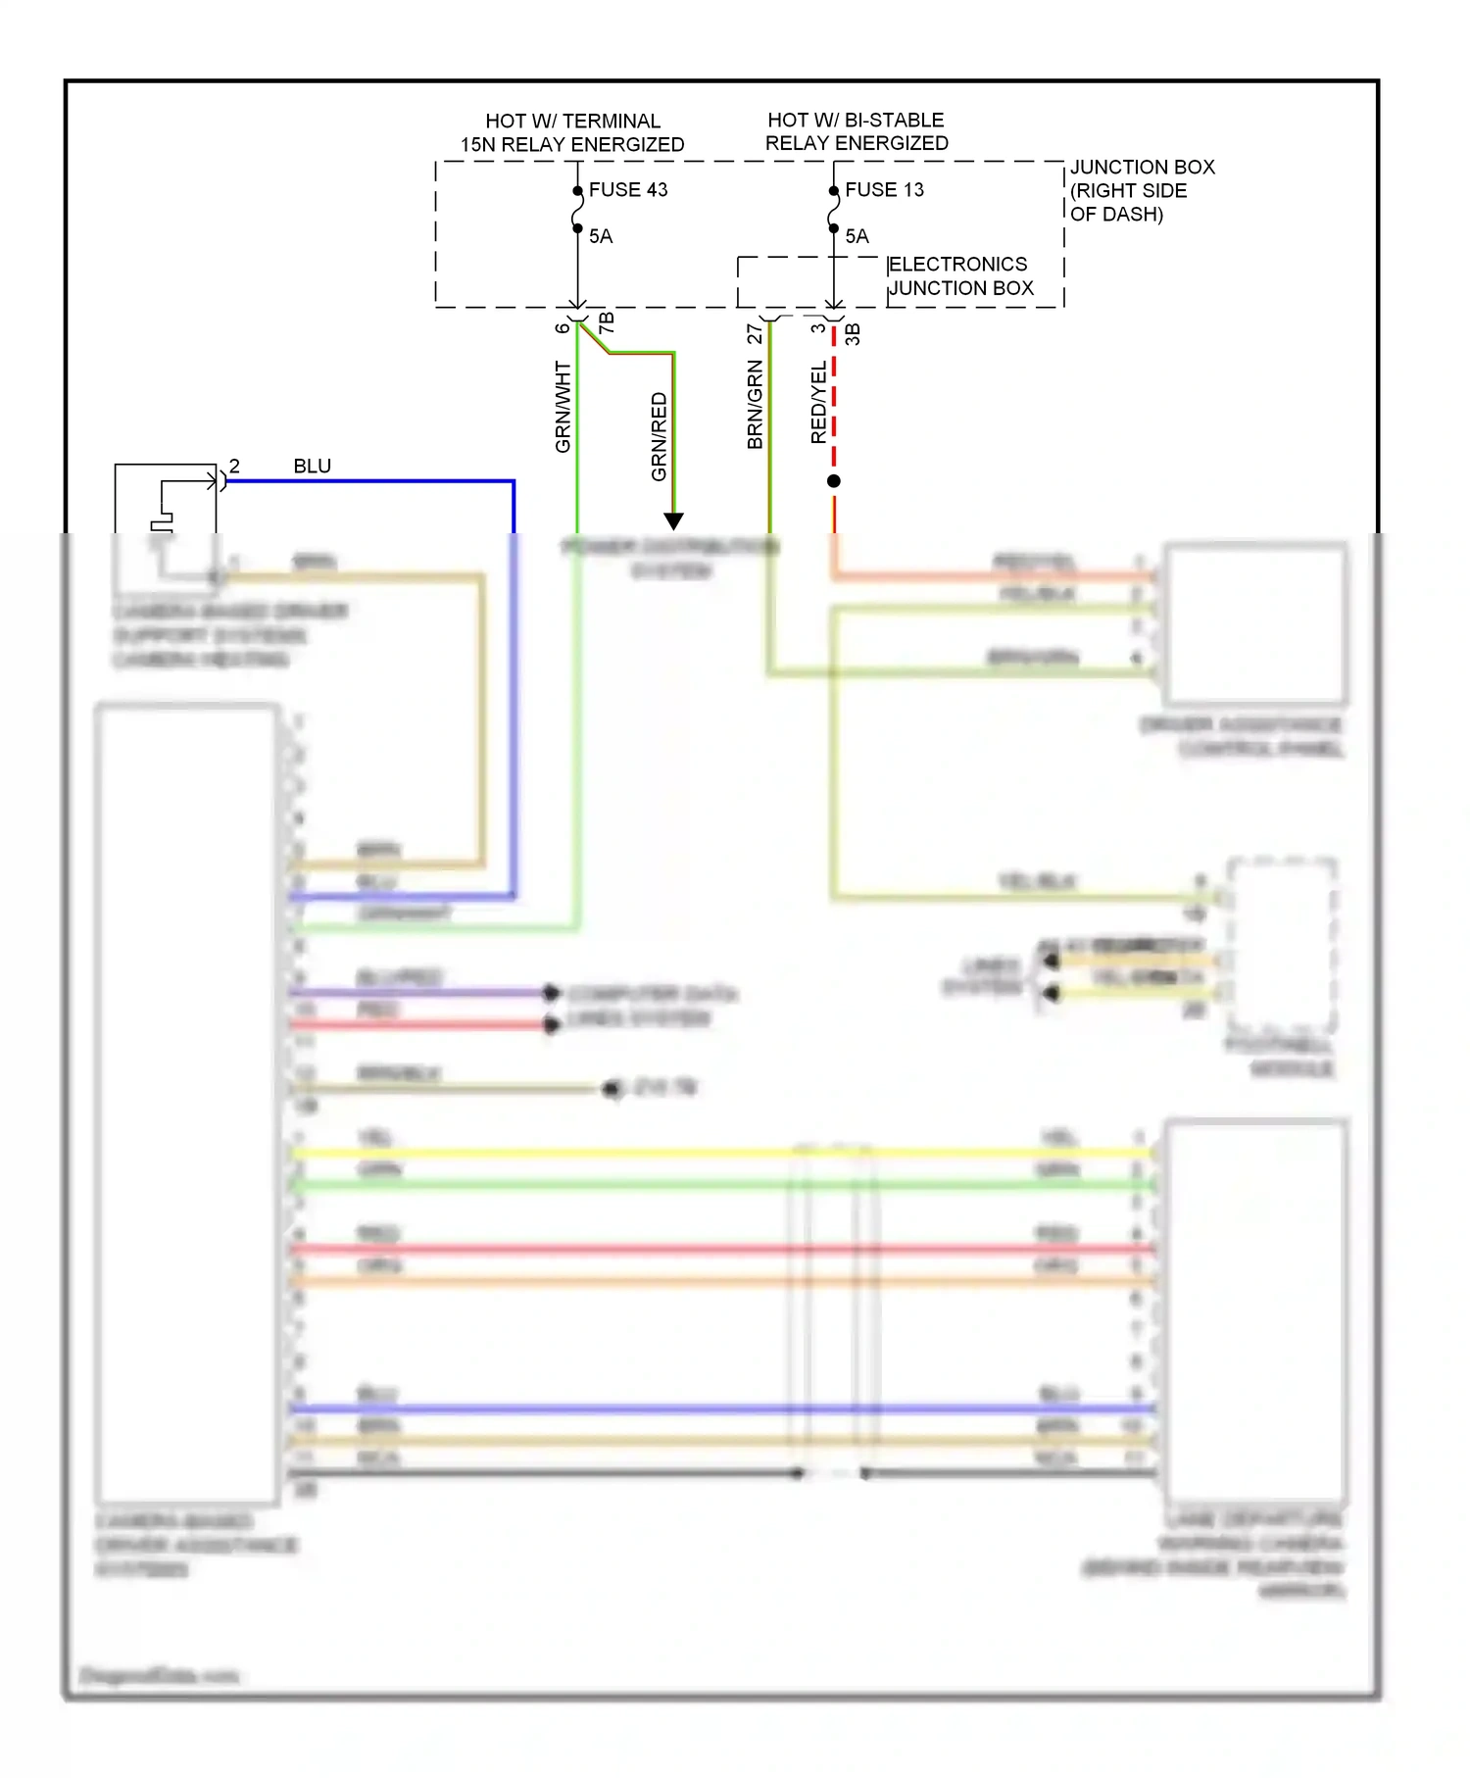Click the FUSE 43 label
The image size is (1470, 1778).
click(x=627, y=189)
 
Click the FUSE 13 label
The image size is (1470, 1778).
click(x=884, y=189)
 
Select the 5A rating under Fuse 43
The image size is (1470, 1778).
click(x=601, y=236)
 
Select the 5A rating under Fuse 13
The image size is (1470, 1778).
click(x=857, y=236)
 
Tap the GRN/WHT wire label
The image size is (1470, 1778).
click(x=563, y=407)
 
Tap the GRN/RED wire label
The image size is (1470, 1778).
click(x=659, y=437)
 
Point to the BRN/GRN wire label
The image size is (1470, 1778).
click(x=755, y=405)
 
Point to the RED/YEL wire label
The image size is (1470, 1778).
click(x=818, y=403)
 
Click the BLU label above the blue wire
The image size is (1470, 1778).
click(x=312, y=466)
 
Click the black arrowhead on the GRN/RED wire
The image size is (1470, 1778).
click(x=673, y=520)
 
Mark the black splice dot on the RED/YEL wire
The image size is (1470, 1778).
click(x=833, y=481)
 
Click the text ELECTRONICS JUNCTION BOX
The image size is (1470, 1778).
click(x=959, y=276)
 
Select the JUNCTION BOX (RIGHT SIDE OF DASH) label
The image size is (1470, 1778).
click(x=1141, y=190)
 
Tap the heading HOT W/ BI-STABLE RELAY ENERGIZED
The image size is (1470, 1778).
click(x=856, y=131)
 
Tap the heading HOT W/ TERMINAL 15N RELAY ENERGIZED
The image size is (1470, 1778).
click(x=572, y=132)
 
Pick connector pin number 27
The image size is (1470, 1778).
click(x=755, y=333)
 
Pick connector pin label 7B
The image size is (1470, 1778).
click(x=607, y=321)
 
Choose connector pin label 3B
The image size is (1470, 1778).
click(x=853, y=333)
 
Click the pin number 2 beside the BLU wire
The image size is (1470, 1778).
click(x=234, y=466)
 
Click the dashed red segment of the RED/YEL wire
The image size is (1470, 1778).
click(x=833, y=402)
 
